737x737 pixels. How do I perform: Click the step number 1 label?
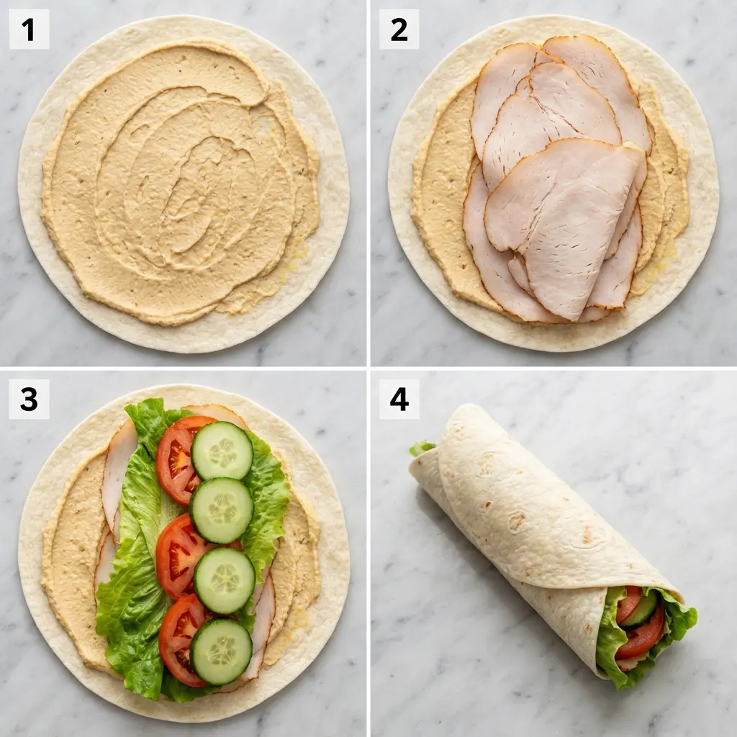click(x=29, y=30)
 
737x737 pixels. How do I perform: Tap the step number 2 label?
click(x=399, y=30)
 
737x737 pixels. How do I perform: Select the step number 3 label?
click(x=29, y=399)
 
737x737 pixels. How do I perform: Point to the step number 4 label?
click(x=399, y=399)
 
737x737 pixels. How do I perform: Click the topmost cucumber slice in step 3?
click(x=222, y=451)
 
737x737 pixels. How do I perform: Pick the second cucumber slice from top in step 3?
click(x=222, y=510)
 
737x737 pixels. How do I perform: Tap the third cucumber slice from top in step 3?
click(x=225, y=580)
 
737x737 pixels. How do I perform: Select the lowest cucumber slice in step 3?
click(x=221, y=651)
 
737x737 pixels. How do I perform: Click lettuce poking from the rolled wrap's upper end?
click(x=422, y=448)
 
